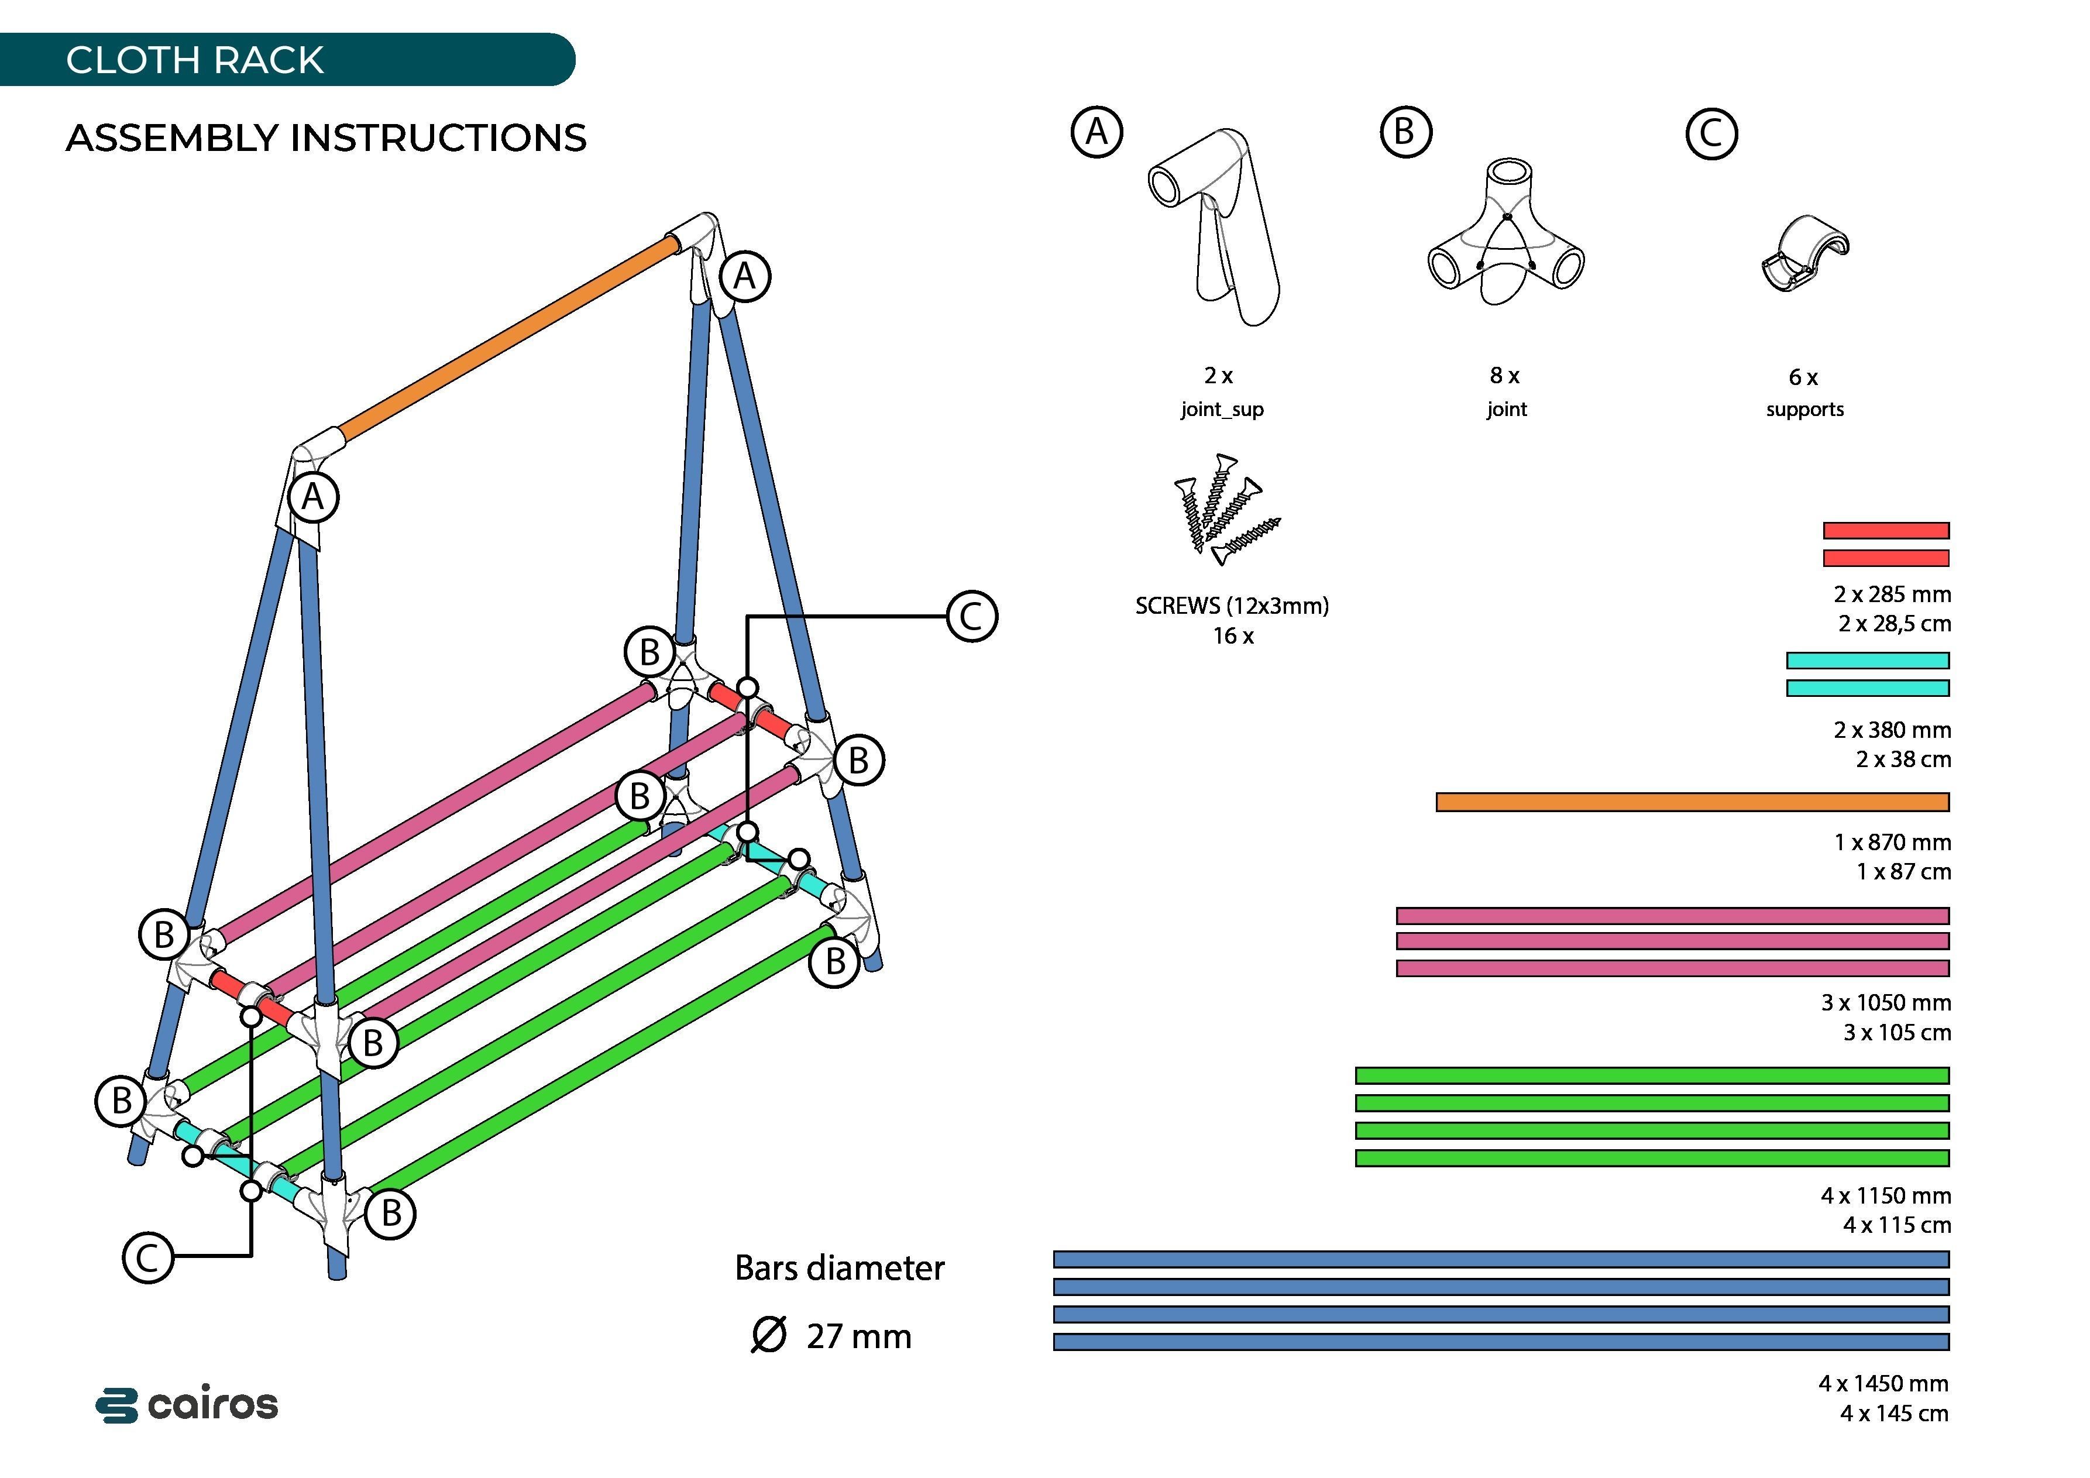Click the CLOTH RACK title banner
tap(195, 60)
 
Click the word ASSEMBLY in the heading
tap(171, 138)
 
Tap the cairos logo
tap(187, 1404)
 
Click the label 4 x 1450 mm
tap(1883, 1383)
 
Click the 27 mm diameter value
tap(858, 1336)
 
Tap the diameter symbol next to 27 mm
tap(768, 1335)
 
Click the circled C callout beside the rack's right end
tap(972, 616)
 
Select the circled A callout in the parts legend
tap(1097, 133)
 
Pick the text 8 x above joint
tap(1505, 375)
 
